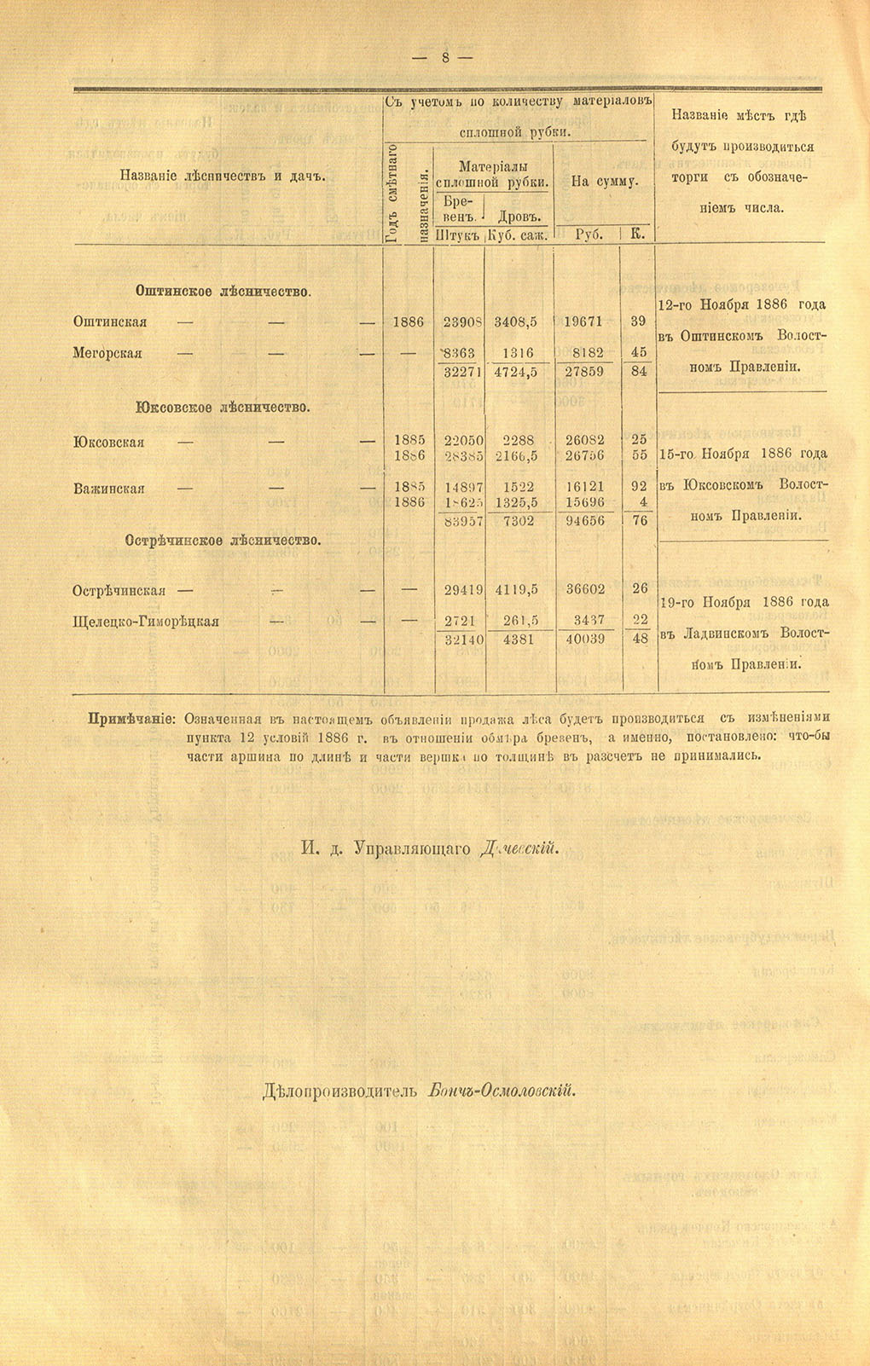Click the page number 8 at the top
point(444,57)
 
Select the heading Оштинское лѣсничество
point(223,292)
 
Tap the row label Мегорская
point(108,353)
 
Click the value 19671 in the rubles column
point(583,322)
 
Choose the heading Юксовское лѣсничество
point(222,408)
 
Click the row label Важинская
point(108,489)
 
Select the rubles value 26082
point(585,440)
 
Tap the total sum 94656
point(585,520)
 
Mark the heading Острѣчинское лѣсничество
point(223,540)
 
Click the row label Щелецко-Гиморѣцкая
point(146,621)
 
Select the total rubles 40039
point(585,639)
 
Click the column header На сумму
point(604,181)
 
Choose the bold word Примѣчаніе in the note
point(132,717)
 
